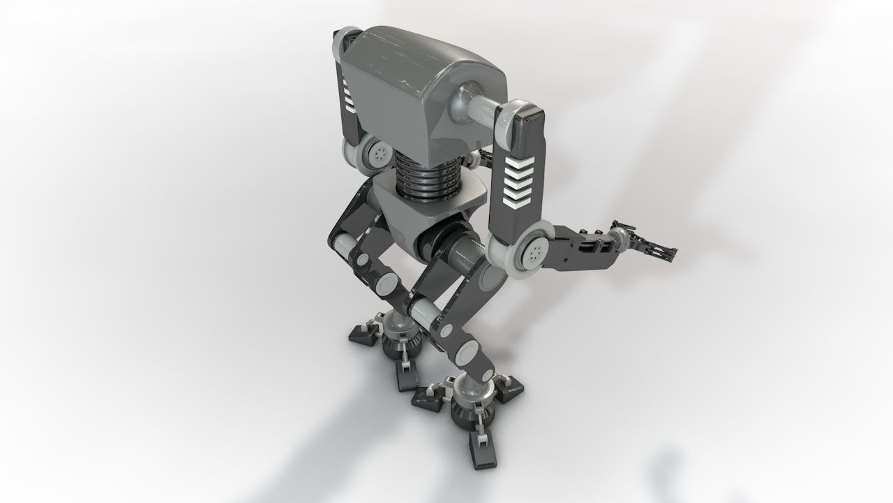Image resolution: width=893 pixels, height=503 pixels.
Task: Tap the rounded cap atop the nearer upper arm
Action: click(518, 112)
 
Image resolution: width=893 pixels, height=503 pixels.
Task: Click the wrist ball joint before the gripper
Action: click(617, 237)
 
